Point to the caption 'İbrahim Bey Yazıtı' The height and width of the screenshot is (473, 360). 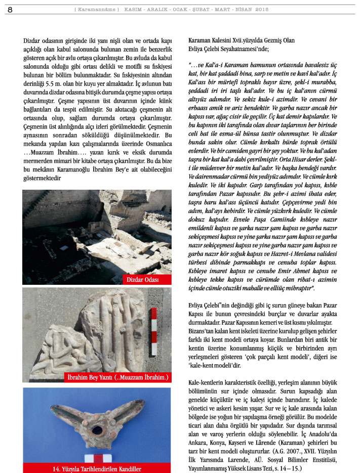pyautogui.click(x=117, y=377)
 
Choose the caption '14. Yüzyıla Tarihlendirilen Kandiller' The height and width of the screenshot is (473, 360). pyautogui.click(x=97, y=468)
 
